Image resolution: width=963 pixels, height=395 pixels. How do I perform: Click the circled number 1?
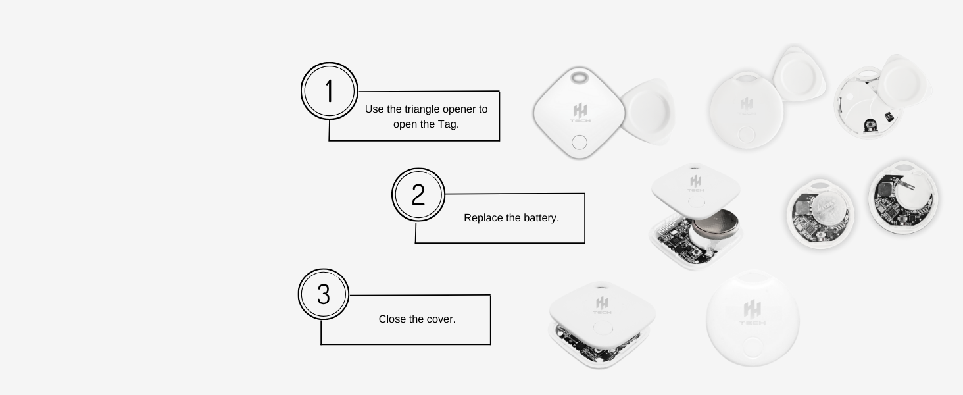329,91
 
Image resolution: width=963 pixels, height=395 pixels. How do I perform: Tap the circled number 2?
418,195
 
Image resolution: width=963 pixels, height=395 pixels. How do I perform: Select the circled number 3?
323,294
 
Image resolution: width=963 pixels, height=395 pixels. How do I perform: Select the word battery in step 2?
539,218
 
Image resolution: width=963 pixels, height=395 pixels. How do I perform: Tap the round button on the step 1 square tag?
580,142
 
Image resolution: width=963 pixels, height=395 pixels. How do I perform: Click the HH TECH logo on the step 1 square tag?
580,113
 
